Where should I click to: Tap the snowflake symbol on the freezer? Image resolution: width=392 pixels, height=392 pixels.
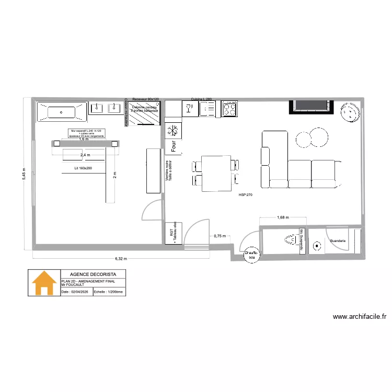click(172, 130)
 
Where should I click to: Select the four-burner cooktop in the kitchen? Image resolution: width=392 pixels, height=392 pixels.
click(229, 109)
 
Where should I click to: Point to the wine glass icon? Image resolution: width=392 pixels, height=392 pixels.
click(189, 109)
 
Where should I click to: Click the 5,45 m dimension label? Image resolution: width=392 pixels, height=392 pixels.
click(24, 170)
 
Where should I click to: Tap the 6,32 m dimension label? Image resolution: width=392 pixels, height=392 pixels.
click(121, 258)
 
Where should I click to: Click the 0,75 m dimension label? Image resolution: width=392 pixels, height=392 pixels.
click(220, 236)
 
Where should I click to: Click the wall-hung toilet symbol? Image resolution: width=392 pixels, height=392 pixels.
click(289, 241)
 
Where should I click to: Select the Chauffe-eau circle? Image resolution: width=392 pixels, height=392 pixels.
click(251, 255)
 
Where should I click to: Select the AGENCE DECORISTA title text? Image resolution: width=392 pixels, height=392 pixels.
click(93, 274)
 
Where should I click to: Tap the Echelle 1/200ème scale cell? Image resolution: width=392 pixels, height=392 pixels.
click(109, 293)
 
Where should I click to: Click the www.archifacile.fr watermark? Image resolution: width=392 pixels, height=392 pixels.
click(359, 316)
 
